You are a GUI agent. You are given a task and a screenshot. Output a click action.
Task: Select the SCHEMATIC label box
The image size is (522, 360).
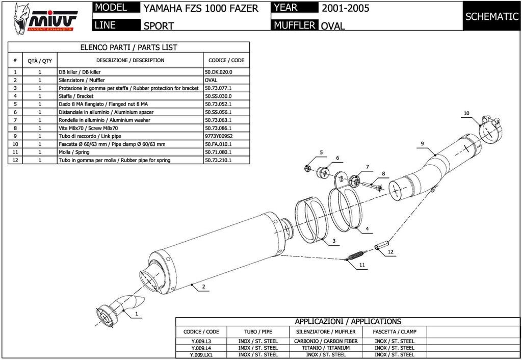click(x=492, y=16)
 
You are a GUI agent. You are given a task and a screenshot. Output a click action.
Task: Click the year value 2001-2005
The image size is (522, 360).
click(x=345, y=8)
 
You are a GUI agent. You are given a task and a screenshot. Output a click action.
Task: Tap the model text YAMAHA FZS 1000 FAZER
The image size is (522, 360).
click(x=200, y=8)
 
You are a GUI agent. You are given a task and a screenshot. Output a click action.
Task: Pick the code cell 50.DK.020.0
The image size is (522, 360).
click(x=218, y=72)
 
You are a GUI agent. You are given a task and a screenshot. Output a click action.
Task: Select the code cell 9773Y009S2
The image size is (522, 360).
click(x=219, y=136)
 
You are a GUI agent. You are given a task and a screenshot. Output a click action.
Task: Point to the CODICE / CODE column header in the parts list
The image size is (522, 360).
click(x=226, y=60)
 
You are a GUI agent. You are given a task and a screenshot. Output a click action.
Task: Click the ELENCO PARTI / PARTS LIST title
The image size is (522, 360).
click(x=128, y=47)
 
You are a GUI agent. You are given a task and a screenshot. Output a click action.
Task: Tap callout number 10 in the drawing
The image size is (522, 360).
click(x=466, y=113)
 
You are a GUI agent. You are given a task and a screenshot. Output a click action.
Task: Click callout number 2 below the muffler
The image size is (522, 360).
click(x=203, y=287)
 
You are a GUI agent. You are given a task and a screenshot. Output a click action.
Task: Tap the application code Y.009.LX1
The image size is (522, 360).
click(x=200, y=354)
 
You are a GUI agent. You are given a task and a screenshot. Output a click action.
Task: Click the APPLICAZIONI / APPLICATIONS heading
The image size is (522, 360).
click(x=348, y=322)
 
